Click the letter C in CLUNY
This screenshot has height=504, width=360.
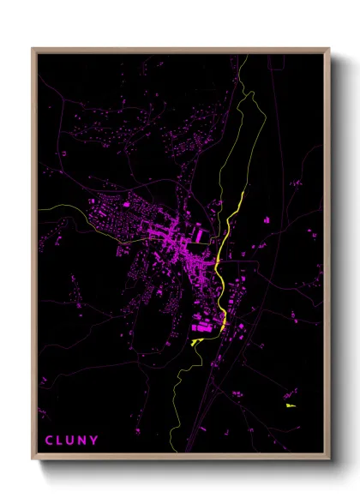tap(48, 441)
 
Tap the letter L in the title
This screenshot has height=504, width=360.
tap(60, 441)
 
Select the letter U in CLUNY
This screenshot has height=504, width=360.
tap(71, 441)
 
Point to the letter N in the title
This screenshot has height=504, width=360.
tap(83, 441)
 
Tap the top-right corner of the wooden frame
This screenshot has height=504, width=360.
tap(329, 49)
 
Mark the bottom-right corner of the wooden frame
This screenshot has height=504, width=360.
tap(329, 460)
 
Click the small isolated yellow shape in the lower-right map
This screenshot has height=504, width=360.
tap(290, 404)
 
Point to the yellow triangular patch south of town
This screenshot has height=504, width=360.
tap(197, 341)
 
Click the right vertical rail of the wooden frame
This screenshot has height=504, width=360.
tap(327, 257)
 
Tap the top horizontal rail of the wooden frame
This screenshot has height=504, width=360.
tap(180, 51)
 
